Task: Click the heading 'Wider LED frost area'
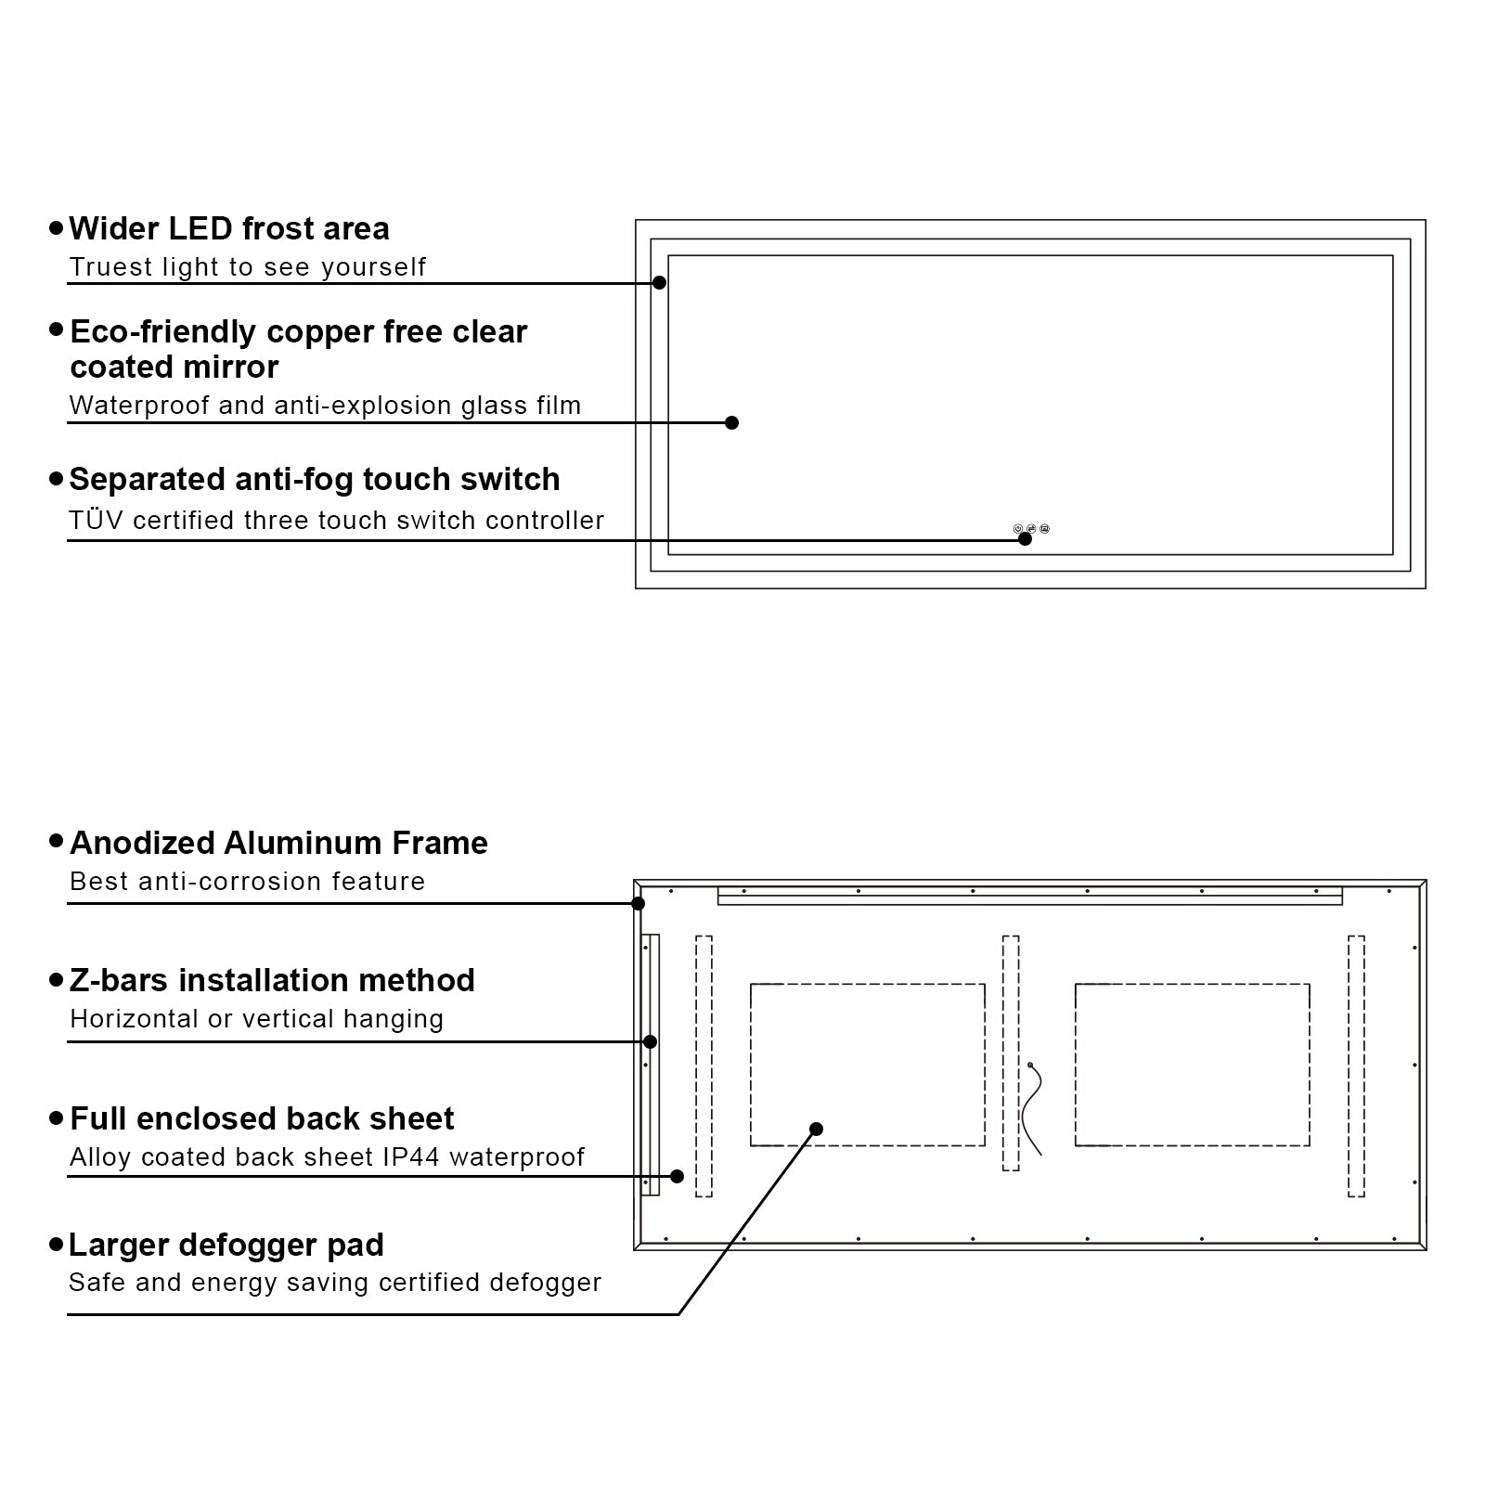[228, 228]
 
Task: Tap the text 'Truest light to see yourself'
[247, 267]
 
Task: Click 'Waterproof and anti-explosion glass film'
[325, 406]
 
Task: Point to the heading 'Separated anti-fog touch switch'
[314, 480]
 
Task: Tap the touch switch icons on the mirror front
[1031, 529]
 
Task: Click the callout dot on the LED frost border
[659, 282]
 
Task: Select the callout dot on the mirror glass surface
[731, 422]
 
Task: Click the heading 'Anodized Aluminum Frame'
[278, 843]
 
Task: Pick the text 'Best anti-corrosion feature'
[247, 882]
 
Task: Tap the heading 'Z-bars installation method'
[272, 980]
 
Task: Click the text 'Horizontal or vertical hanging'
[256, 1019]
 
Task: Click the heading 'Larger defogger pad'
[226, 1245]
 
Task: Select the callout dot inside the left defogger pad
[816, 1129]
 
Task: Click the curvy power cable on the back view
[1032, 1109]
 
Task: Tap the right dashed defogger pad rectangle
[1192, 1064]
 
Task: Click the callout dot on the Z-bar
[651, 1041]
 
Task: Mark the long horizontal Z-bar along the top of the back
[1029, 896]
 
